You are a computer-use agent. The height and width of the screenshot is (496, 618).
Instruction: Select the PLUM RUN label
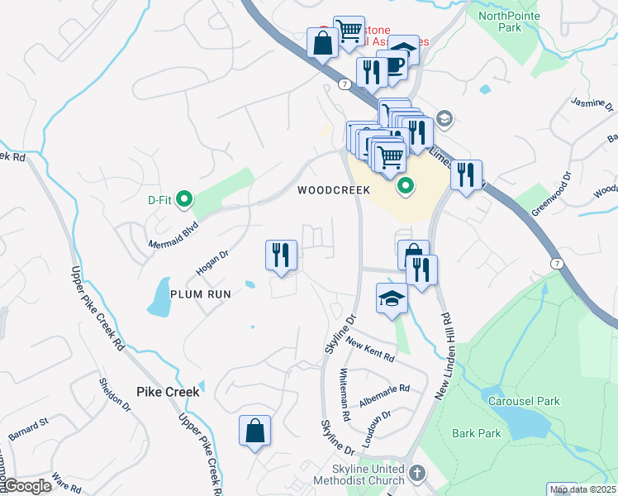(x=201, y=293)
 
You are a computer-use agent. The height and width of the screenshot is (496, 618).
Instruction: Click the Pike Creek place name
(x=169, y=391)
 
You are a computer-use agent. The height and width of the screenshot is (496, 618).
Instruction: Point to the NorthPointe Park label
(x=510, y=21)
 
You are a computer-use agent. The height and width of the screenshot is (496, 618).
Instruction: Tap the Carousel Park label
(x=524, y=402)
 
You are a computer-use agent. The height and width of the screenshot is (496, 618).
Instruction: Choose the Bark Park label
(x=477, y=433)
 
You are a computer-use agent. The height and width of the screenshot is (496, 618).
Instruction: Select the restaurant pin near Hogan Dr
(x=281, y=255)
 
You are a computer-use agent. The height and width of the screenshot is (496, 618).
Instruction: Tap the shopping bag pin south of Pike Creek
(x=254, y=431)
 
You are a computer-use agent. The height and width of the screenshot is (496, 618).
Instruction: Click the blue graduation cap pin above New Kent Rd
(x=392, y=298)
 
